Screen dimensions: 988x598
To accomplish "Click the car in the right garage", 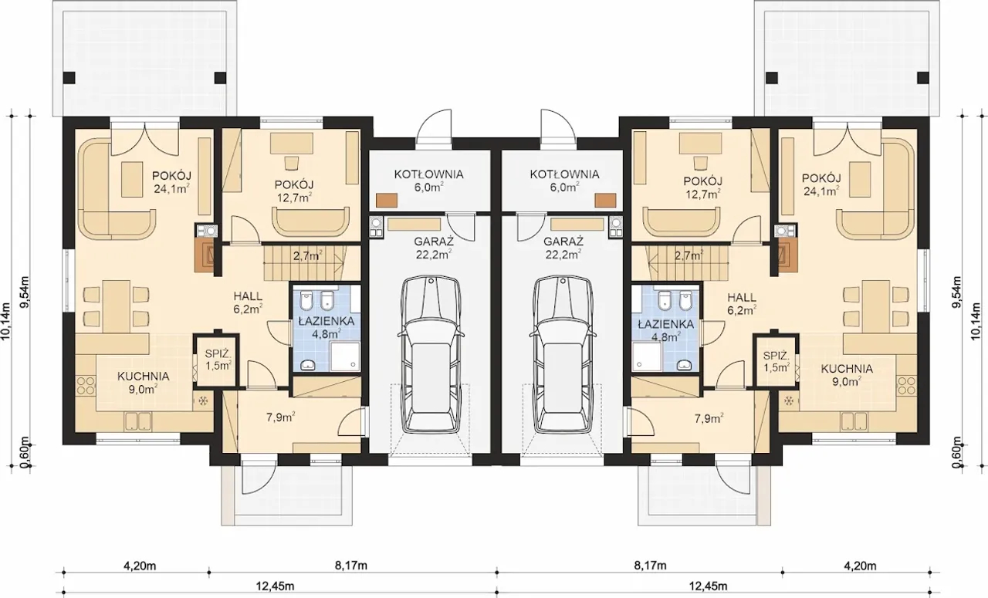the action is point(563,355).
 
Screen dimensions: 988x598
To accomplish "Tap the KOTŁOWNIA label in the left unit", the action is point(428,174).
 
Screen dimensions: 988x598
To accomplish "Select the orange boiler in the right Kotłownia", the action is point(605,200).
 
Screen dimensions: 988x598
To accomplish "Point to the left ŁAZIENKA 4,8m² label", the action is point(327,327).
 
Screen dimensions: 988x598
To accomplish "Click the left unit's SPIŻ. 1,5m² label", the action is point(218,360).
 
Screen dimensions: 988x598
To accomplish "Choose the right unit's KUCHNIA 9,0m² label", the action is point(847,375).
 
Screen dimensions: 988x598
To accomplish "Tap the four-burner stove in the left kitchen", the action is point(86,386).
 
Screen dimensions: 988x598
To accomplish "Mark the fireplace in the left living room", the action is point(205,256).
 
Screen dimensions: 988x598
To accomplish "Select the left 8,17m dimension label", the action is point(351,566).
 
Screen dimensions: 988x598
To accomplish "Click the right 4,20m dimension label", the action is point(860,566).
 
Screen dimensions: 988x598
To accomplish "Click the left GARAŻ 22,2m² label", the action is point(434,248).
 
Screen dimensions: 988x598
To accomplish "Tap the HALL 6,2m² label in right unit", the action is point(742,304).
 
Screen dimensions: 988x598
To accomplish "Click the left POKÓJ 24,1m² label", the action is point(171,183).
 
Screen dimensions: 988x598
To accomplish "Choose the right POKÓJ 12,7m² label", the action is point(703,187).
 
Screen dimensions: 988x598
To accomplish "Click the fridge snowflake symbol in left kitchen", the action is point(204,401).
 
